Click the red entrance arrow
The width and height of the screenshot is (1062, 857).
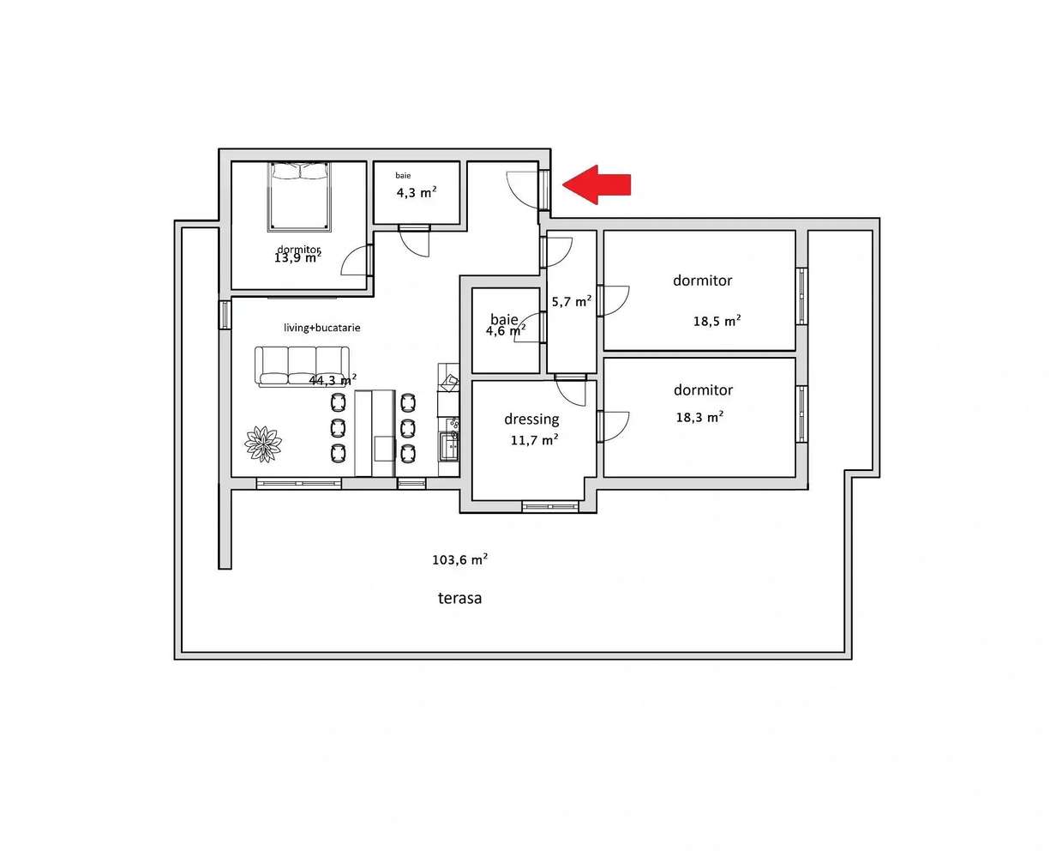597,184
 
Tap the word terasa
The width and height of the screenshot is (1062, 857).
459,598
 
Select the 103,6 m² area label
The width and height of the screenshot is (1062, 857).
459,559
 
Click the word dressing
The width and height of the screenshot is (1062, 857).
531,419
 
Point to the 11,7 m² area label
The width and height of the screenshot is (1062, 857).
534,440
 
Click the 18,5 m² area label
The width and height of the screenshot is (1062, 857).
717,321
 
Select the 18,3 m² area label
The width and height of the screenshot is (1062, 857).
699,417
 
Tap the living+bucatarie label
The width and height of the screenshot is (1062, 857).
322,328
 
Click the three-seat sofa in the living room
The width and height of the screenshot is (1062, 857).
302,366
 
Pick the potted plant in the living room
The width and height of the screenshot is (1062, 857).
264,444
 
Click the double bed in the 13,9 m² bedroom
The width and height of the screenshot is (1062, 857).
299,197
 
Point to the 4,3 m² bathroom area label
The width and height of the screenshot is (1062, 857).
416,192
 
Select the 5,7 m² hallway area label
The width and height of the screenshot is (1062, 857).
571,301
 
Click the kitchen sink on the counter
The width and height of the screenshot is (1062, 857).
449,445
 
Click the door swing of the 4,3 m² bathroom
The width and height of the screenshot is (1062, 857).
414,243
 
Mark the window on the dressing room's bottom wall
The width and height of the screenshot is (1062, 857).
550,507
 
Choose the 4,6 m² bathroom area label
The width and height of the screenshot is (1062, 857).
506,330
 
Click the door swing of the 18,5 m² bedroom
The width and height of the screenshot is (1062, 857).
615,300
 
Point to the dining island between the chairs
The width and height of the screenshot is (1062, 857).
375,432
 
